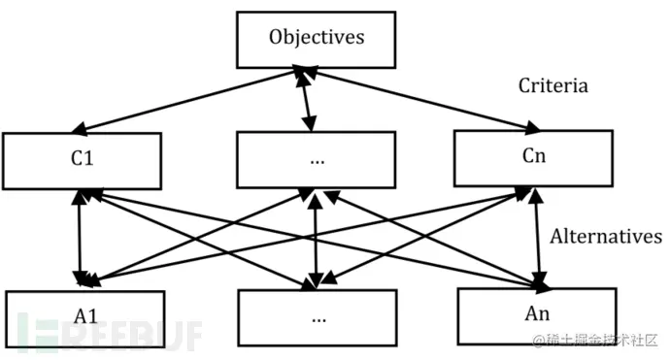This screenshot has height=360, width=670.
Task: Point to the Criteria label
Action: click(x=553, y=86)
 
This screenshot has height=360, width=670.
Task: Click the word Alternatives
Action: click(x=606, y=237)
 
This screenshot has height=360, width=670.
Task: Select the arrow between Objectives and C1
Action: click(x=184, y=101)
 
